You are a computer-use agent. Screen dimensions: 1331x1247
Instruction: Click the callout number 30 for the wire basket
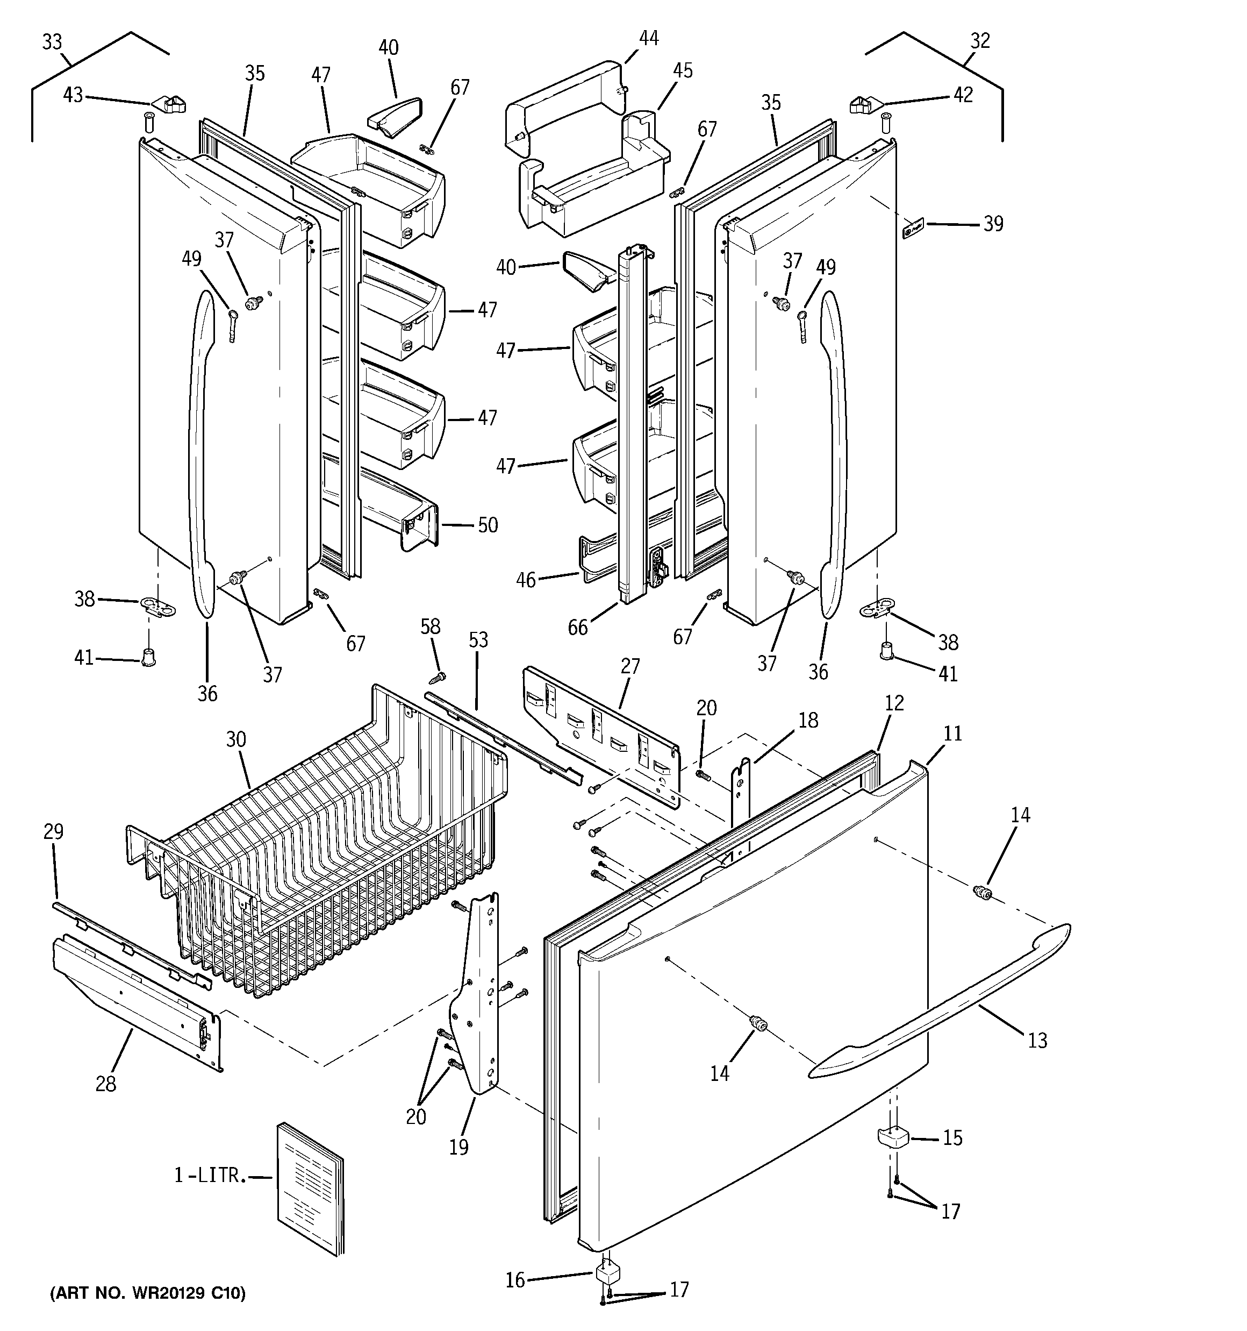[x=235, y=740]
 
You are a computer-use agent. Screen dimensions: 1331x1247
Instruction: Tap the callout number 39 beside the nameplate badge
[x=993, y=224]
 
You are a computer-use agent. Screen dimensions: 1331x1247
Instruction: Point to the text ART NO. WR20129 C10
[x=148, y=1292]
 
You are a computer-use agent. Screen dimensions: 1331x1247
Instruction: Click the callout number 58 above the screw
[x=431, y=626]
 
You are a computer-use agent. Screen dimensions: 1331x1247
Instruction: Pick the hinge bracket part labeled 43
[x=169, y=104]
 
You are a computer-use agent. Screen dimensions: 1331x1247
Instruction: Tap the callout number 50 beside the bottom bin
[x=488, y=525]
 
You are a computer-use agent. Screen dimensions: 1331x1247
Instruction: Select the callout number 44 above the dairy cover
[x=648, y=38]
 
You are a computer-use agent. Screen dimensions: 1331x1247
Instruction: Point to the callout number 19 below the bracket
[x=458, y=1147]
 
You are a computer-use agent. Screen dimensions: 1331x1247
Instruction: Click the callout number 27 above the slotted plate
[x=630, y=666]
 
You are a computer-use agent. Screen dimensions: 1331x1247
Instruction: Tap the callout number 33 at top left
[x=52, y=42]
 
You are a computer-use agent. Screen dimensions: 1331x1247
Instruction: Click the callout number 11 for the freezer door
[x=952, y=733]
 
